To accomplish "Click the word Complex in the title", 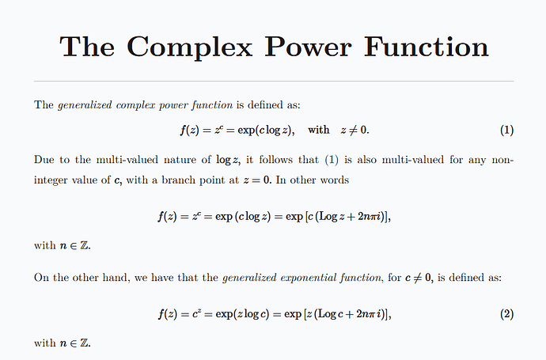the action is coord(189,47).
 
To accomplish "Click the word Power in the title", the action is coord(308,47).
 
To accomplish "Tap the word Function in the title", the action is coord(427,47).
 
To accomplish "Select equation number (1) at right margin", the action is coord(506,130).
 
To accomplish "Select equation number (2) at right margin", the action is coord(506,314).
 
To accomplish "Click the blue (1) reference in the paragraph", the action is coord(332,160).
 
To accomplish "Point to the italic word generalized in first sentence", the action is coord(85,105).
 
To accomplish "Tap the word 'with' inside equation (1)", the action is coord(319,130).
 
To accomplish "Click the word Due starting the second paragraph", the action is coord(44,160).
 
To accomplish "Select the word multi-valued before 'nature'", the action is coord(127,160).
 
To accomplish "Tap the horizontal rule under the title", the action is coord(274,81).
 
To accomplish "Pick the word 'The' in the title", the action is coord(87,47).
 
